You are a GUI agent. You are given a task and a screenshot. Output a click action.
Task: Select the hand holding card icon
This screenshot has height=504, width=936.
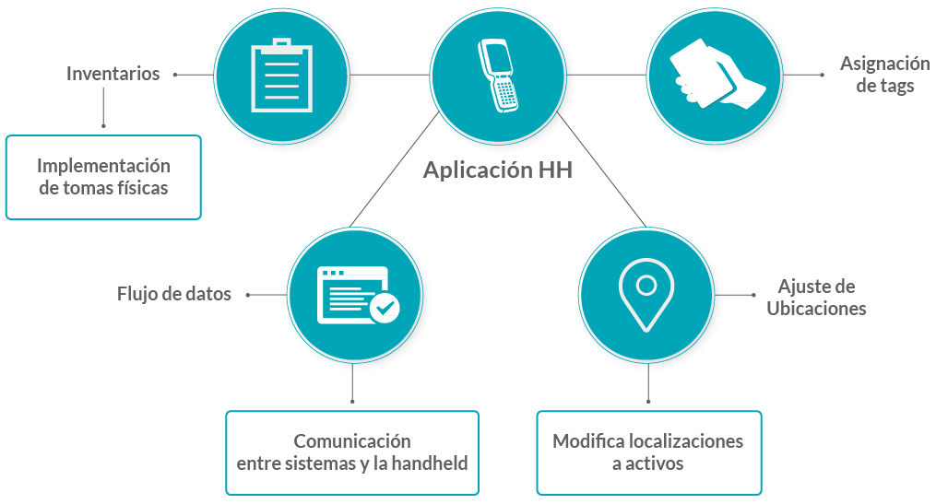click(716, 75)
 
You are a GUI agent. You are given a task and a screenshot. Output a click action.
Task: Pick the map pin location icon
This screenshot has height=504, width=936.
click(646, 294)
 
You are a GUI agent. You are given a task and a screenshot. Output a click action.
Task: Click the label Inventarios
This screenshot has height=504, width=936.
click(113, 74)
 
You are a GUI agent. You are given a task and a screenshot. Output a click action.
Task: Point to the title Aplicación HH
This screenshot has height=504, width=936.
click(498, 170)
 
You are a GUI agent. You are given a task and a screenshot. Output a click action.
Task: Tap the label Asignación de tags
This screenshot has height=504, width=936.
click(884, 75)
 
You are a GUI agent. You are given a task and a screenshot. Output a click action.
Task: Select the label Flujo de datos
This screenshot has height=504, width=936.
click(174, 295)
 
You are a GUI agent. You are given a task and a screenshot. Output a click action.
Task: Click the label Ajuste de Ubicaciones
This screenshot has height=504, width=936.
click(816, 297)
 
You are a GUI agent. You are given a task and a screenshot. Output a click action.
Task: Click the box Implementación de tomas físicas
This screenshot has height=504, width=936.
click(103, 177)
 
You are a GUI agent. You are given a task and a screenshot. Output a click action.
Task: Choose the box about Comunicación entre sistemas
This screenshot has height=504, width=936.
click(352, 452)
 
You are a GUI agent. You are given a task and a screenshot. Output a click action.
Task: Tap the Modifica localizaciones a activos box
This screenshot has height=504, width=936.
click(648, 452)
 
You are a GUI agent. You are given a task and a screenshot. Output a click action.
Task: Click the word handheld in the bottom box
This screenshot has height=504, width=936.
click(429, 463)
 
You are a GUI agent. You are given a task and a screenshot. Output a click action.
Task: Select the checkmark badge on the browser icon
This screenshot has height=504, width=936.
click(384, 307)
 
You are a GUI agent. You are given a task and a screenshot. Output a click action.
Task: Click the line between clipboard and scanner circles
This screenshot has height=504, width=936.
click(391, 75)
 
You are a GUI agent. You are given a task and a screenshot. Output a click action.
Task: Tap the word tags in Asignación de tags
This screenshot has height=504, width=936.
click(896, 86)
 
